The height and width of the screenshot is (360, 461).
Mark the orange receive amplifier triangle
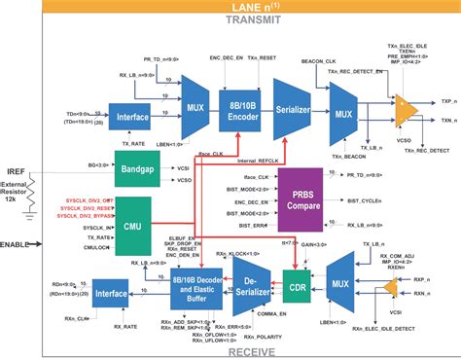[x=392, y=288]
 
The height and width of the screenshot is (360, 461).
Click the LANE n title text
[x=255, y=7]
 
